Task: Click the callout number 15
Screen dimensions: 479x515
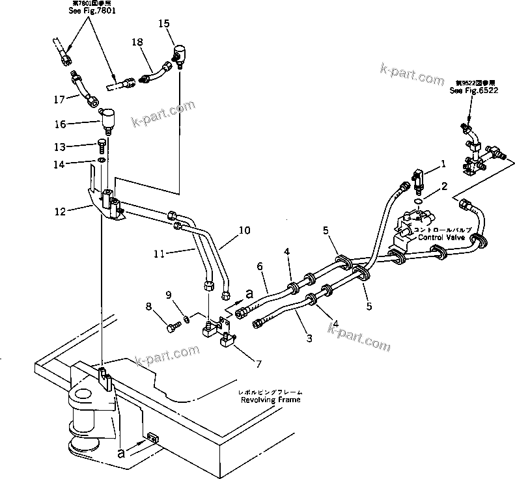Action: (x=164, y=23)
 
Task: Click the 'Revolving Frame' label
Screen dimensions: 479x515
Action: (x=271, y=400)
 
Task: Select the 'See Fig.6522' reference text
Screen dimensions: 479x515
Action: (x=473, y=91)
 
